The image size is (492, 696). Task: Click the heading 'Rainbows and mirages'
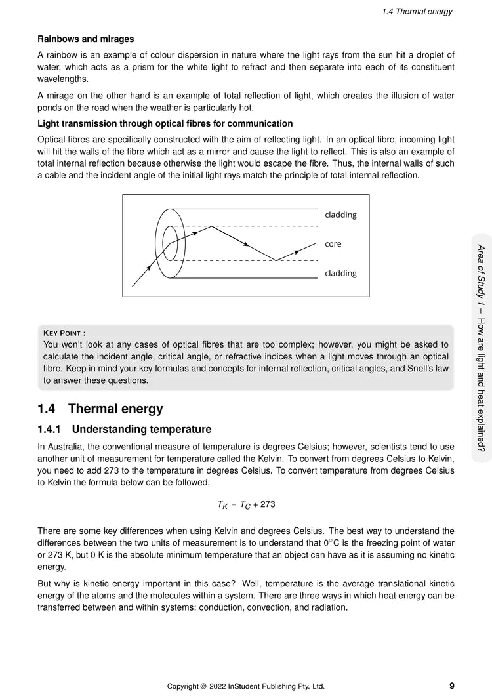(86, 39)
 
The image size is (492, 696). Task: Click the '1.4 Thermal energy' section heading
(100, 409)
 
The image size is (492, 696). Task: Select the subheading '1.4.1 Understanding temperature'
(125, 430)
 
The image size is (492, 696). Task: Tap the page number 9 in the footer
(452, 686)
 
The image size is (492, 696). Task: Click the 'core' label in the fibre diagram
(333, 244)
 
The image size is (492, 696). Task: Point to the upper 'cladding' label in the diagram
(340, 215)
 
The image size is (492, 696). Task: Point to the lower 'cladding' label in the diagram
(340, 273)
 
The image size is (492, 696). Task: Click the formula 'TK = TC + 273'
(246, 504)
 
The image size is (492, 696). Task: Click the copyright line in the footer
(245, 687)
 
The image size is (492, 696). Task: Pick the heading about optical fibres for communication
(165, 123)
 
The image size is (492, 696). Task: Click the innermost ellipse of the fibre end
(169, 244)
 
